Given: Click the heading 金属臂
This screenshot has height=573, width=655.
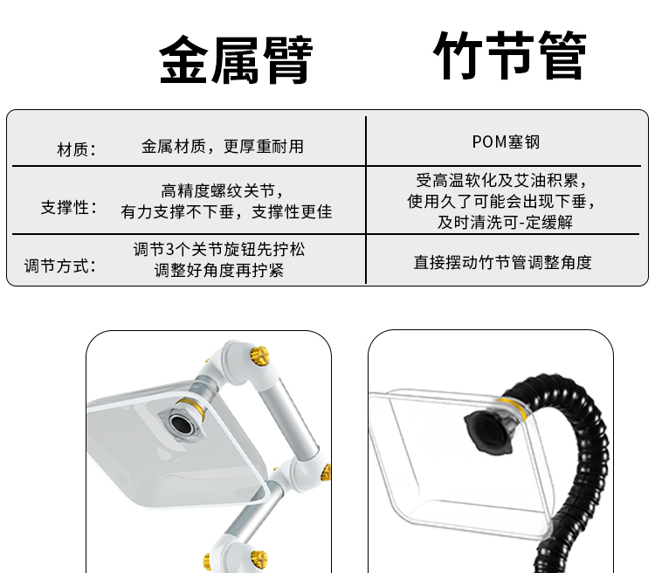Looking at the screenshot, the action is [x=236, y=59].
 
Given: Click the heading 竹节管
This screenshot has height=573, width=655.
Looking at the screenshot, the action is [x=510, y=55].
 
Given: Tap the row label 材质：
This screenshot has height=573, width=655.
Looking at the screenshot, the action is [x=77, y=149].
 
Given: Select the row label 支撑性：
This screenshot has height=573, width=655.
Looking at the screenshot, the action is [x=69, y=207].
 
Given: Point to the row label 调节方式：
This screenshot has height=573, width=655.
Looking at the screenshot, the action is [x=60, y=266].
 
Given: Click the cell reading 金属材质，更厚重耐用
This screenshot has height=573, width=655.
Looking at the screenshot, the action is [x=222, y=147].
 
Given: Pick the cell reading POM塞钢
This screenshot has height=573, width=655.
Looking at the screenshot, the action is [x=506, y=142].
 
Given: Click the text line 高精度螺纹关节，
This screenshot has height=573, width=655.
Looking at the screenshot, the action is [x=224, y=191].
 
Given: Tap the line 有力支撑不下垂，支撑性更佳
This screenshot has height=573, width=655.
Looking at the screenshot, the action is [x=226, y=212].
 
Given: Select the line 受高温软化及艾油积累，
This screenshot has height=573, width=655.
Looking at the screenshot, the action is [x=502, y=181].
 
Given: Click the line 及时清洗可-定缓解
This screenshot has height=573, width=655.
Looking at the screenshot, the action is [x=505, y=223].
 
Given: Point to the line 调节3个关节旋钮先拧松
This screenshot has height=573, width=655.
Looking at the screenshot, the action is [x=219, y=250].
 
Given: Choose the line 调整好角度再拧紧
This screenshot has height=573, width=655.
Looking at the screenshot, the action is [x=219, y=271].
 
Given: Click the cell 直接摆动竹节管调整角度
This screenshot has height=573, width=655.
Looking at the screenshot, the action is [x=502, y=262].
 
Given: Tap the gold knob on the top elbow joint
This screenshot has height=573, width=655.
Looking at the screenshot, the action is [x=259, y=356].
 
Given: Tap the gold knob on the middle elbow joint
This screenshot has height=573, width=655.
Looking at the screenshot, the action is [x=326, y=473].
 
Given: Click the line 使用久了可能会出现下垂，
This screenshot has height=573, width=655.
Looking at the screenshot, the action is [x=502, y=202].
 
